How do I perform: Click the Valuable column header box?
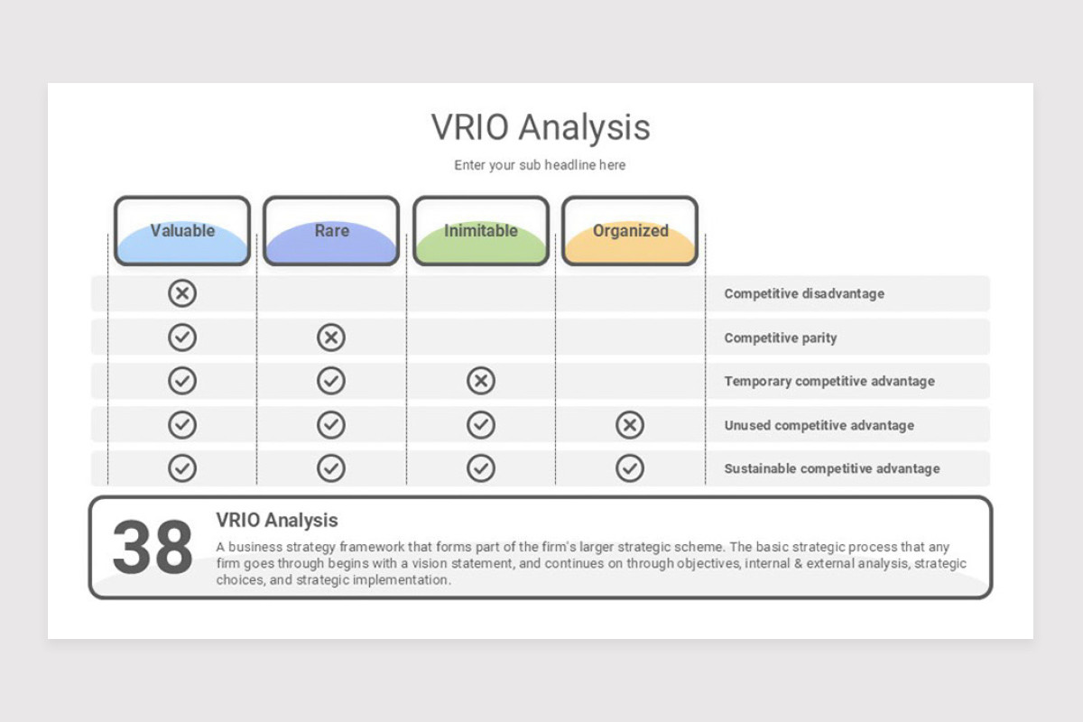point(182,231)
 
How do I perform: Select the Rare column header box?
point(331,231)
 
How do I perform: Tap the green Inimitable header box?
point(481,231)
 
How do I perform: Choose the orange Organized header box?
point(630,231)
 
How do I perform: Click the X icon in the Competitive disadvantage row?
point(182,293)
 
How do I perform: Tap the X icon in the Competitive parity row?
point(331,337)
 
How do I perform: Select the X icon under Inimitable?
point(481,381)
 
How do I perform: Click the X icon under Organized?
point(630,424)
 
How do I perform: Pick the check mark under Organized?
point(630,468)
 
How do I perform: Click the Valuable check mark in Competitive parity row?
point(182,337)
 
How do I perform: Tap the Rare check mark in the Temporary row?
point(331,381)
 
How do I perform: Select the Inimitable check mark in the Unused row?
point(481,424)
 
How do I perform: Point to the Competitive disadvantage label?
point(804,293)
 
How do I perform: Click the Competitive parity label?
point(781,338)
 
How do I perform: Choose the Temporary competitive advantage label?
point(829,381)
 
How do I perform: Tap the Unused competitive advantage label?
point(819,425)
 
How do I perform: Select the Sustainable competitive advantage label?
point(832,468)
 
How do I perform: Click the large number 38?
point(153,547)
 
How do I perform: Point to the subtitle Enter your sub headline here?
point(540,165)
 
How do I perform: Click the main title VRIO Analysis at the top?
point(541,127)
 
